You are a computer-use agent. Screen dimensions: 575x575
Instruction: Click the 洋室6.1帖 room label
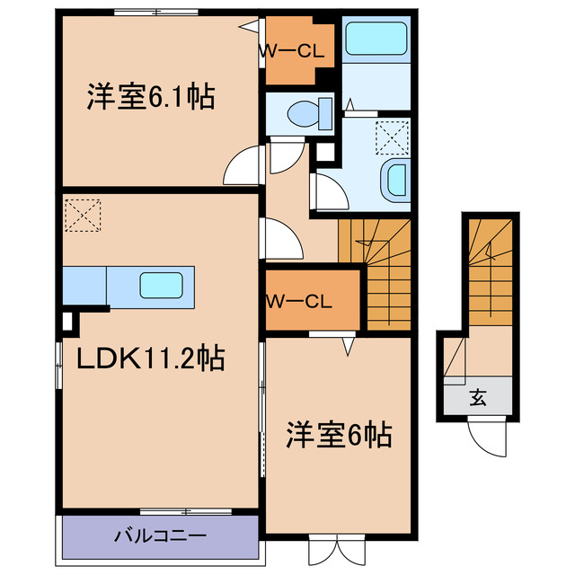[151, 96]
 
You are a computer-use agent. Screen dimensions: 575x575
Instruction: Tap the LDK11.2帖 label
[150, 358]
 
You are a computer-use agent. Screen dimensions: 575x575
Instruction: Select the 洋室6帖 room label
[339, 436]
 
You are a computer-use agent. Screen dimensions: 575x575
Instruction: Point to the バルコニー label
[160, 536]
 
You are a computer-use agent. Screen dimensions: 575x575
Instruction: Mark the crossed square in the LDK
[85, 216]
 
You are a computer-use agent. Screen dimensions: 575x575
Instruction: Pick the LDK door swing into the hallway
[283, 237]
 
